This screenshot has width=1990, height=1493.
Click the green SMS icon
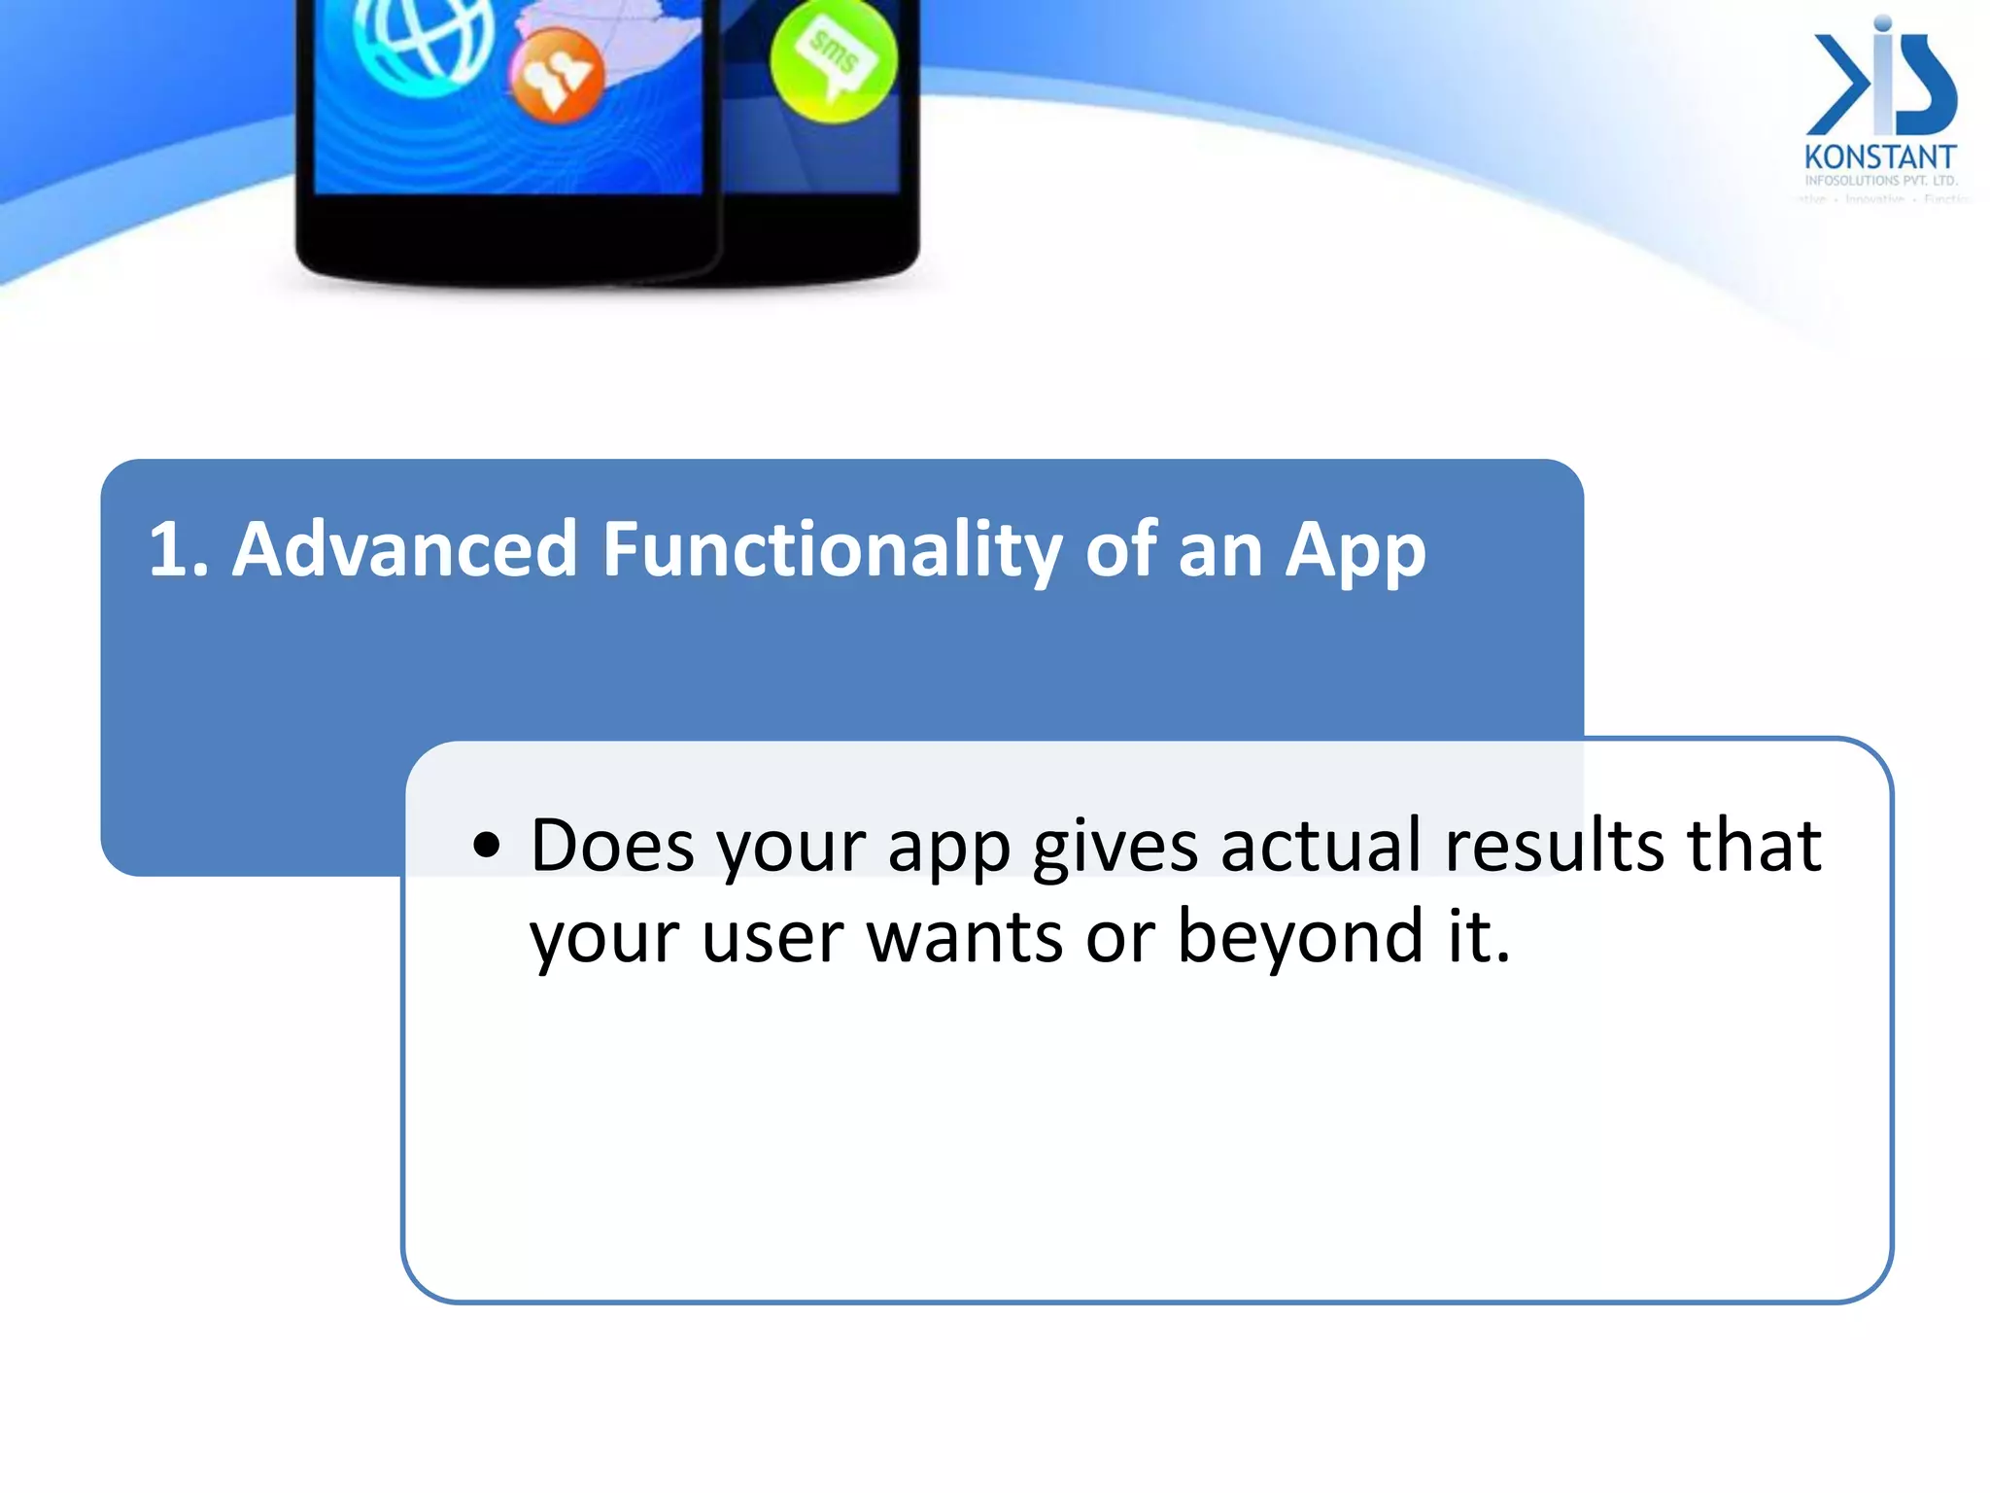[x=833, y=60]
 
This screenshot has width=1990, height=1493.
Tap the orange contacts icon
[x=557, y=76]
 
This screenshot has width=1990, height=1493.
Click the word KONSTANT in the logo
[x=1879, y=157]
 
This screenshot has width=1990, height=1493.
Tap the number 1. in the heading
[x=178, y=550]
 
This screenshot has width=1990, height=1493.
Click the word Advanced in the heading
[x=405, y=550]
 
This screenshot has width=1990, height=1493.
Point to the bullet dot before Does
[x=486, y=846]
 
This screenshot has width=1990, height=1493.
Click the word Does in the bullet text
[x=612, y=846]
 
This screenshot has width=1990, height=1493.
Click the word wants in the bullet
[x=964, y=938]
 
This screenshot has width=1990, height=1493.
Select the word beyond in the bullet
[x=1300, y=938]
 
